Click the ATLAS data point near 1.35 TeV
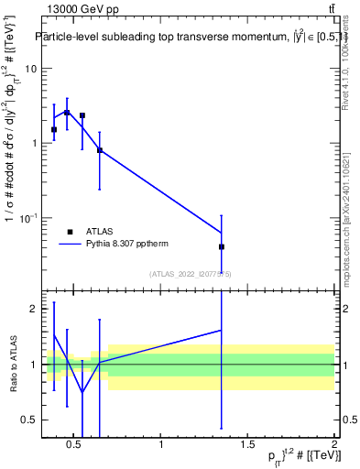tap(222, 246)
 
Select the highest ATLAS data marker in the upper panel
tap(67, 113)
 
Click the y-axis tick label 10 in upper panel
tap(29, 69)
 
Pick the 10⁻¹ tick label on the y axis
tap(27, 218)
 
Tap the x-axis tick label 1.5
tap(247, 446)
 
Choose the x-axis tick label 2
tap(334, 446)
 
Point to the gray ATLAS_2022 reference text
tap(191, 273)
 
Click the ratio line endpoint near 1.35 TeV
tap(222, 330)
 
